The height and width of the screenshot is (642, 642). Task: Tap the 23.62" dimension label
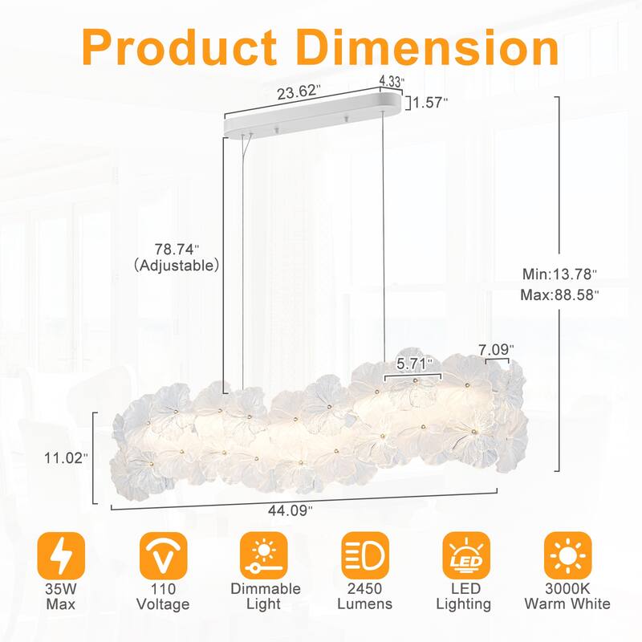click(x=299, y=91)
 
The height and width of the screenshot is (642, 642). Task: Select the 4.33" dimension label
click(x=392, y=81)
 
